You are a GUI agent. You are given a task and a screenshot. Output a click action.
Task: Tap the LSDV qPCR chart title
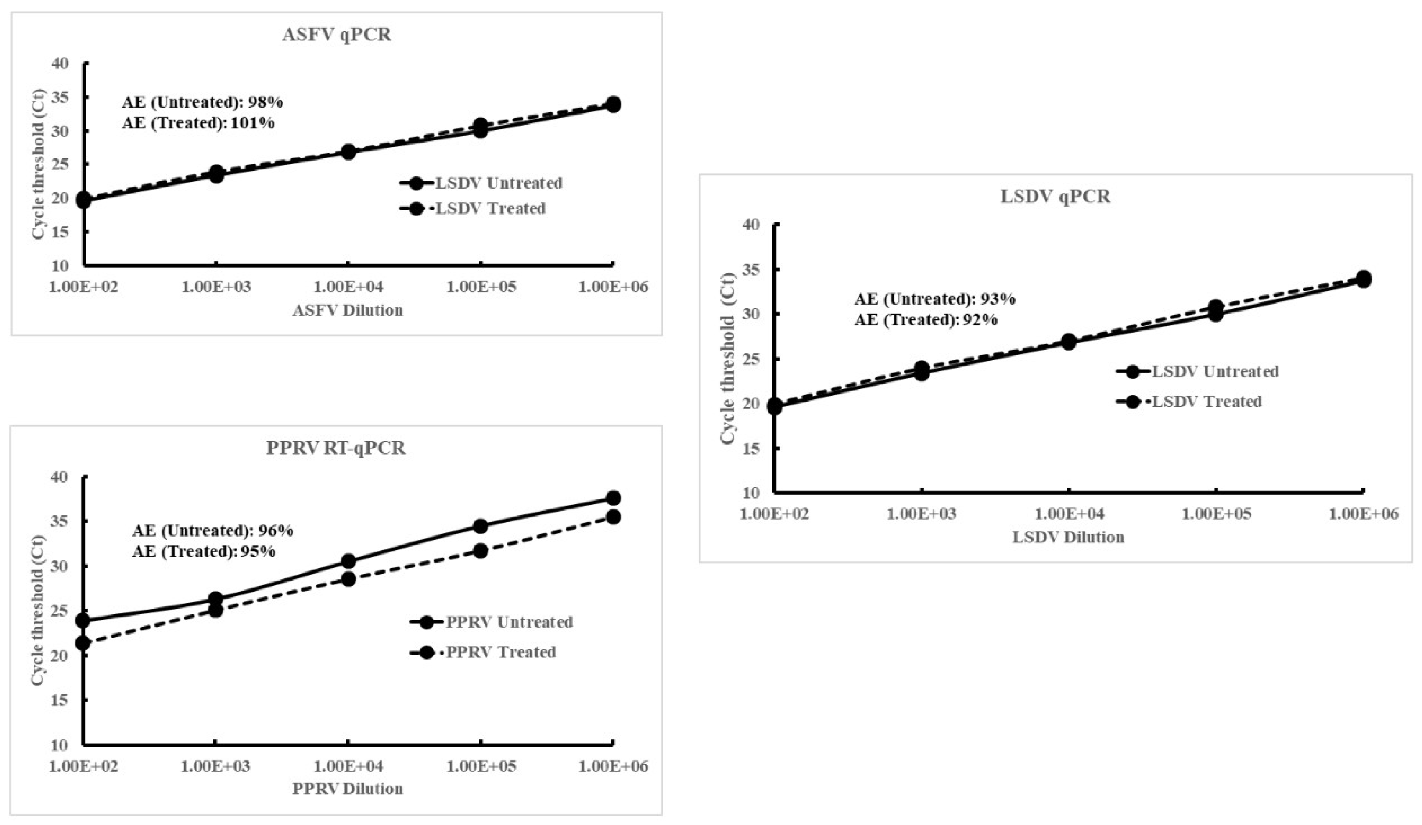coord(1055,196)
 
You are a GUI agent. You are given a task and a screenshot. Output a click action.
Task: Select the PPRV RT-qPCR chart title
coord(336,448)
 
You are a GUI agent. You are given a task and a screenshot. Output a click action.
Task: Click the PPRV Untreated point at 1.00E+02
coord(83,620)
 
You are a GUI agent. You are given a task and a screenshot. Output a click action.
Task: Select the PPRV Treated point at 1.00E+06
coord(613,517)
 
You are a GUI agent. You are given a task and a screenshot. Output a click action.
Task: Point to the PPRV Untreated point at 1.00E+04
coord(348,561)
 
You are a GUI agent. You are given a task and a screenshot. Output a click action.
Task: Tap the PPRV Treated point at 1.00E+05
coord(480,551)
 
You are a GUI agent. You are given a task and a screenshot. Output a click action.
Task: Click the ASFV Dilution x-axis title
coord(348,310)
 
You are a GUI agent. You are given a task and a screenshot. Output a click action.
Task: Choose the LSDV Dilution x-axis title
coord(1068,537)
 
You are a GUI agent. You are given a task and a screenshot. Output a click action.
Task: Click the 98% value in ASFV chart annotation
coord(265,102)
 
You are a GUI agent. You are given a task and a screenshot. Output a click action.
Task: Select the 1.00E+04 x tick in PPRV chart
coord(348,766)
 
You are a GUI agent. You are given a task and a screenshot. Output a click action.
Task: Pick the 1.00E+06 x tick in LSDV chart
coord(1363,514)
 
